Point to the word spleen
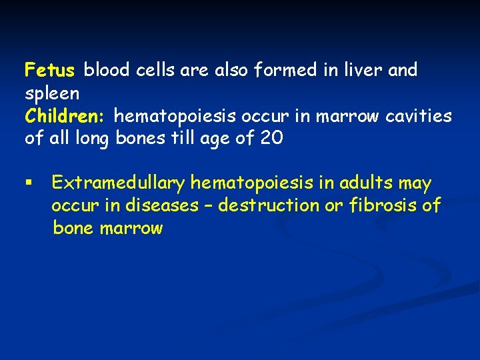[52, 93]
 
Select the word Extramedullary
[118, 183]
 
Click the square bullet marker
[28, 183]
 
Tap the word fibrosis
[384, 205]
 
